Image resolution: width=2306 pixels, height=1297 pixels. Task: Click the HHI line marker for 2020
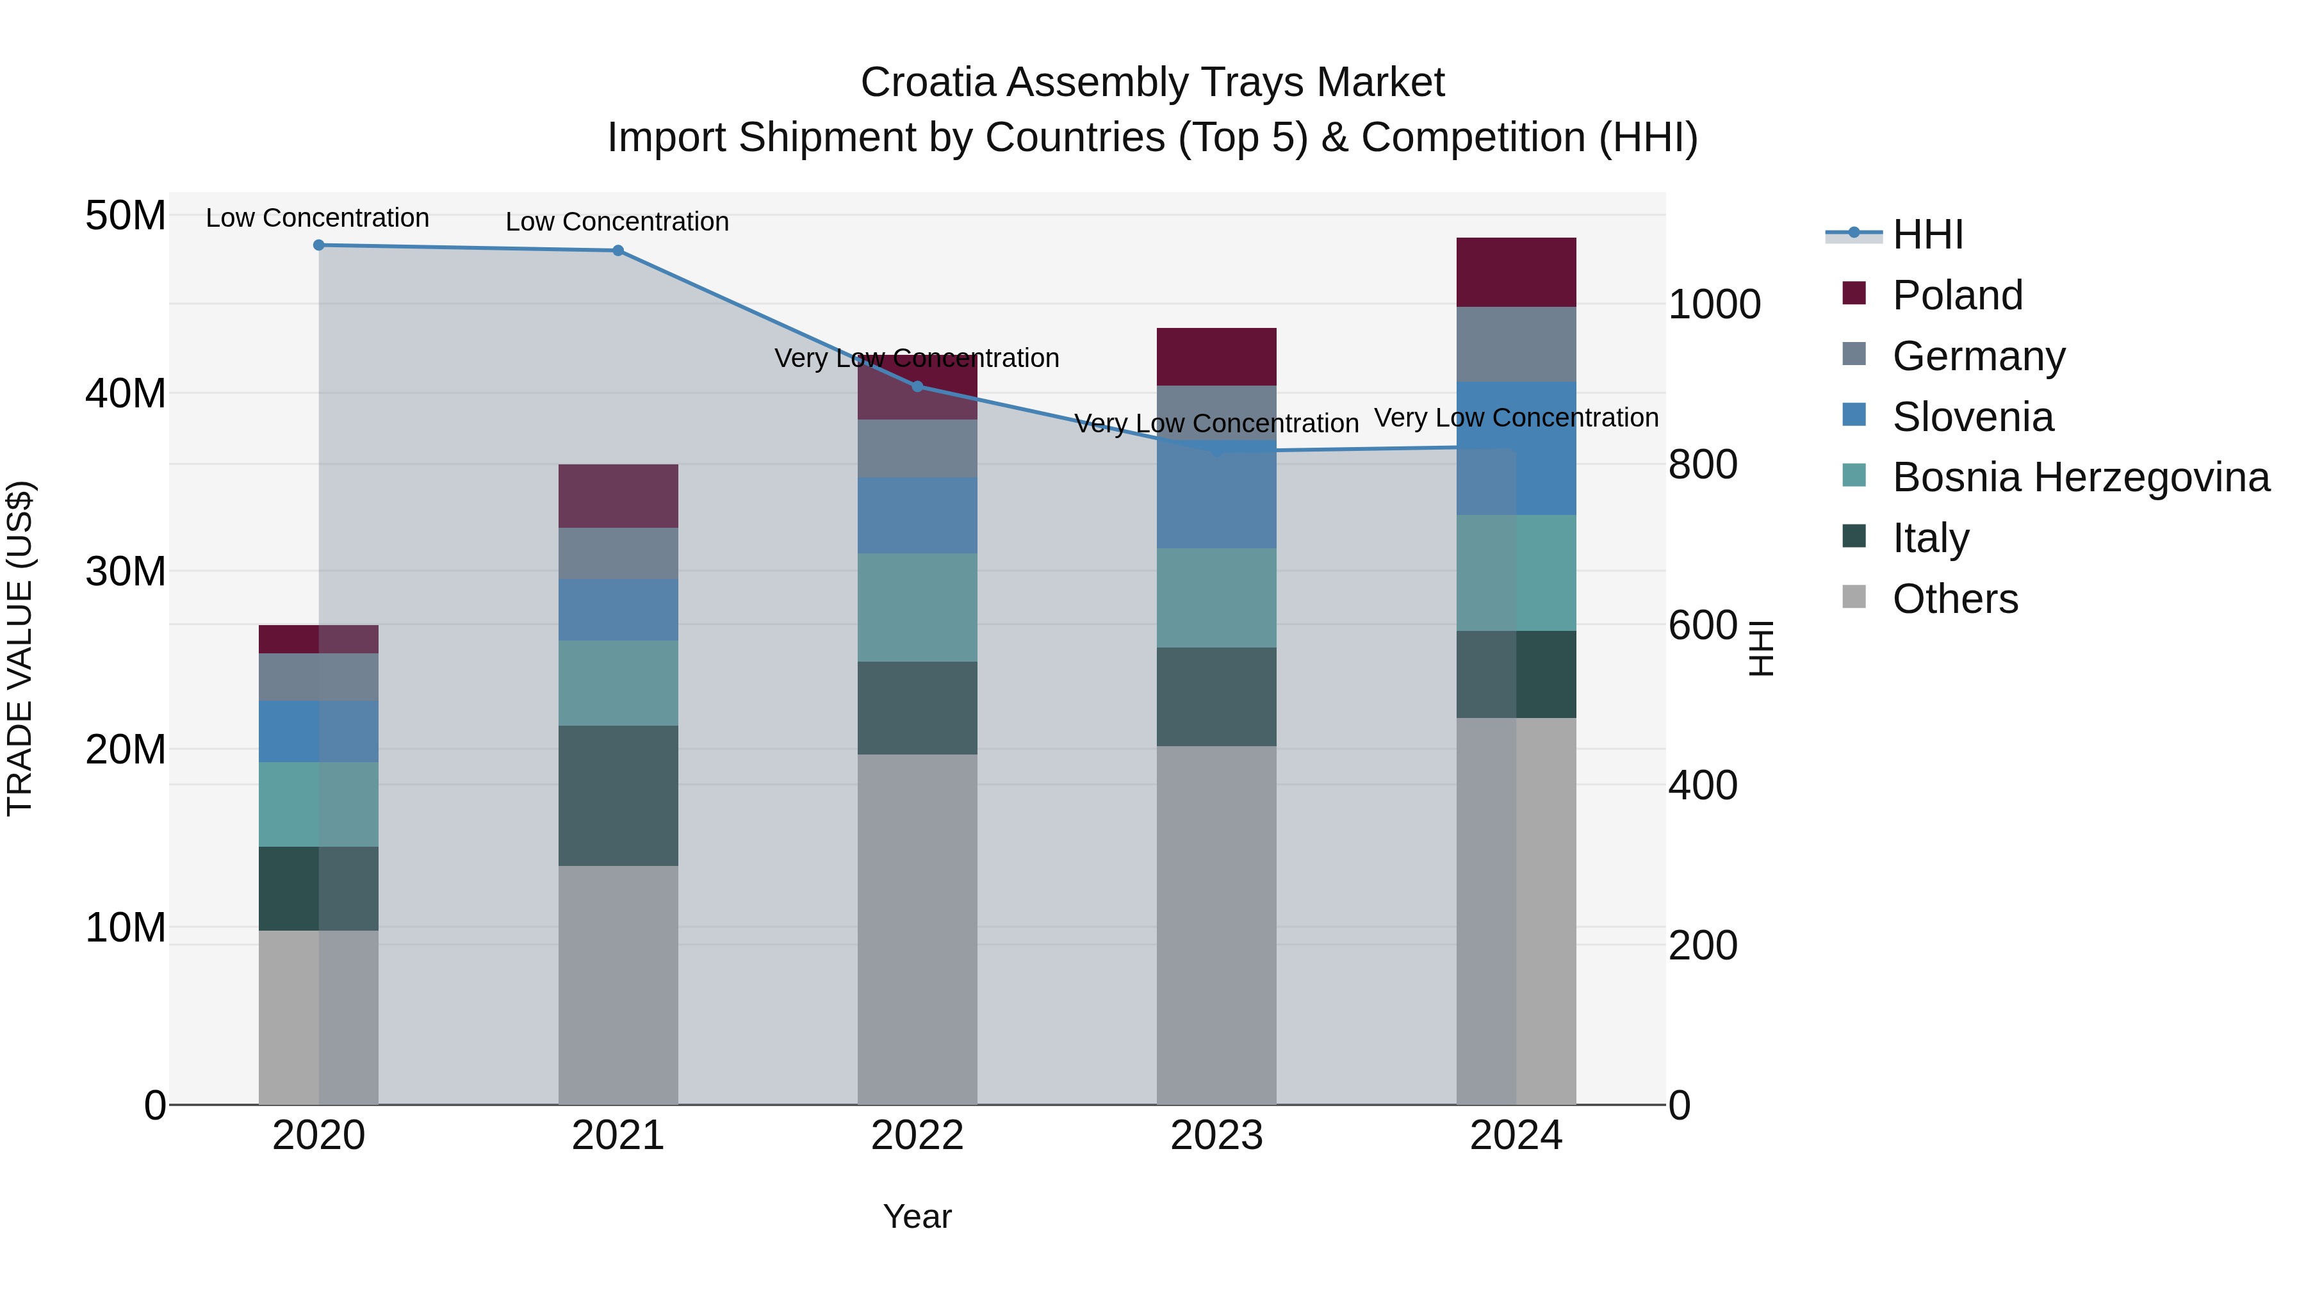pos(319,245)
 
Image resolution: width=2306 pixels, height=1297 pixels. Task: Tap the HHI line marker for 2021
pos(617,250)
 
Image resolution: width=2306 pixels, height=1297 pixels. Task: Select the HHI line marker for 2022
pos(917,387)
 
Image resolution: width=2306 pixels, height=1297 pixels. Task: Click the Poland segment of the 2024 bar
pos(1516,272)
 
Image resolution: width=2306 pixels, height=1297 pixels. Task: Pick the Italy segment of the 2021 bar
pos(617,795)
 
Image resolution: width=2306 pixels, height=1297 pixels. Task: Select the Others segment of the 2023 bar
pos(1216,925)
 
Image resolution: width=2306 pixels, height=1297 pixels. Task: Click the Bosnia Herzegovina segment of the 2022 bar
pos(917,607)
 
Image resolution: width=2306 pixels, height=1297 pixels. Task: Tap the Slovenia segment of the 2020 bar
pos(319,731)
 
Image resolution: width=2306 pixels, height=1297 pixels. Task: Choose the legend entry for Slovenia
pos(1972,417)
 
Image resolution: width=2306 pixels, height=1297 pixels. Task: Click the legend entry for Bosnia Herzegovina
pos(2081,477)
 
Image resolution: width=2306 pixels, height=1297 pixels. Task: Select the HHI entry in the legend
pos(1927,234)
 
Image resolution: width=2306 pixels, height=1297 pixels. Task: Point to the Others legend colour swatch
pos(1854,597)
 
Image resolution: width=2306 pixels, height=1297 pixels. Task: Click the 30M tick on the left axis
pos(126,571)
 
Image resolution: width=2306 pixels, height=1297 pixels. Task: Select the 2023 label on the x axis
pos(1216,1136)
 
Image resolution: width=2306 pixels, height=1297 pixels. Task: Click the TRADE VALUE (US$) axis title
pos(20,648)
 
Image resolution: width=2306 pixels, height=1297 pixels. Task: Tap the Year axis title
pos(917,1216)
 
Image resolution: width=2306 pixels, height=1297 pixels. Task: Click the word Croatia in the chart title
pos(928,83)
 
